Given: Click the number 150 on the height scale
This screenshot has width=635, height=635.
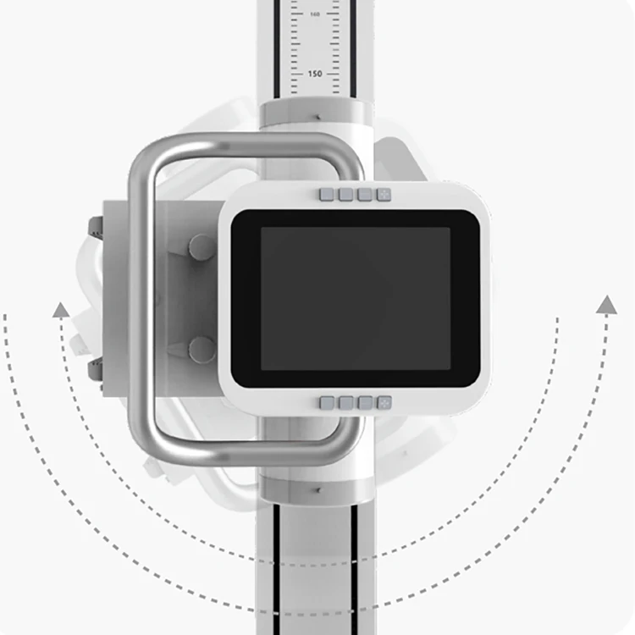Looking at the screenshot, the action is click(314, 74).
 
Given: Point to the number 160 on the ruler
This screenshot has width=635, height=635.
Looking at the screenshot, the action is click(314, 14).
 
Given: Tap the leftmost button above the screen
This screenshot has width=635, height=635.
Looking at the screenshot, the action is click(327, 195).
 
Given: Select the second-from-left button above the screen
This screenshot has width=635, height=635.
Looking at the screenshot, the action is click(345, 195).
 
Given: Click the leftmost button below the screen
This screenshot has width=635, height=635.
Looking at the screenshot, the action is click(327, 403).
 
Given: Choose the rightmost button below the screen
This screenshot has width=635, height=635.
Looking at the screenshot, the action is click(384, 403).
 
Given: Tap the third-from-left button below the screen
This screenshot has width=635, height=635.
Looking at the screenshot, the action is click(365, 403).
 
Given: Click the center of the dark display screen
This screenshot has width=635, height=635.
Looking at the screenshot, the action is click(355, 298).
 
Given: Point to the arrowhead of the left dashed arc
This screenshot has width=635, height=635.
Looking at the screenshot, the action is click(60, 310).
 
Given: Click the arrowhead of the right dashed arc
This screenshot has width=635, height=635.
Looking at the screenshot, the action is click(606, 305).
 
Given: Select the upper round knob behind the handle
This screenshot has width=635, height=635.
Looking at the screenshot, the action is click(202, 248).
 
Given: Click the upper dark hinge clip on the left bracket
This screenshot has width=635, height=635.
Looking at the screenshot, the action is click(96, 227).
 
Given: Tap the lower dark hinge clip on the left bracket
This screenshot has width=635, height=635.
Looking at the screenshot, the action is click(96, 370).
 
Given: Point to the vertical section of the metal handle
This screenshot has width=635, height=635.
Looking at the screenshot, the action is click(140, 296).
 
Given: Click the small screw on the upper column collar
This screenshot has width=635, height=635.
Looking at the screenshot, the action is click(317, 116).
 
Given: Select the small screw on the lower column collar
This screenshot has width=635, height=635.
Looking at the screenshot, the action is click(317, 489).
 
